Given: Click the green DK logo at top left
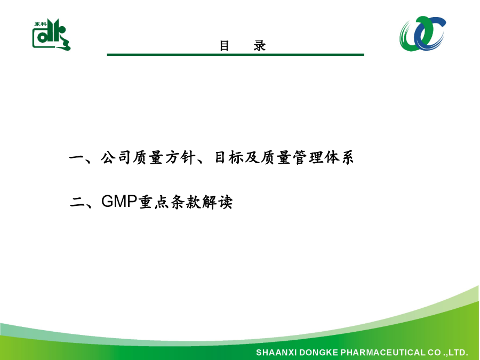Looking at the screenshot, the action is coord(51,35).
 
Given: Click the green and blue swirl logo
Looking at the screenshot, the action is coord(422,34).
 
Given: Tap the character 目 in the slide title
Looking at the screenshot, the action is coord(225,46).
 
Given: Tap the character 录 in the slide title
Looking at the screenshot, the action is coord(260,46).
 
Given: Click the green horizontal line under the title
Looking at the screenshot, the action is coord(235,55).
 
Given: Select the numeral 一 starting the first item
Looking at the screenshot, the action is coord(76,158).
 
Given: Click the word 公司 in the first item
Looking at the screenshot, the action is coord(116,158).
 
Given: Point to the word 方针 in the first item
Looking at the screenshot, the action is coord(180,158).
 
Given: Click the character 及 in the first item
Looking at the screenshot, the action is coord(252,158).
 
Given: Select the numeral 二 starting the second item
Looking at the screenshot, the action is coord(77,202).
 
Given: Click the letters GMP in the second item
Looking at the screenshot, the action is coord(119,202).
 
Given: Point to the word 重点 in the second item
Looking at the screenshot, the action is coord(154,202).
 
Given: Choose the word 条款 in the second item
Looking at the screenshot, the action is coord(185,202).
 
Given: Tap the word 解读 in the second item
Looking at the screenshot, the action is coord(218,202).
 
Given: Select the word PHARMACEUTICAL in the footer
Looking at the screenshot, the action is coord(382,353).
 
